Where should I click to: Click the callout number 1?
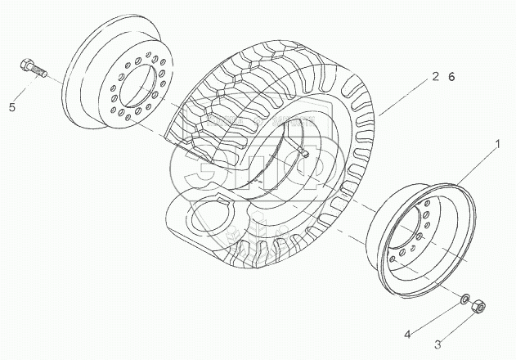point(496,144)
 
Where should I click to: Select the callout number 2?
point(437,76)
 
